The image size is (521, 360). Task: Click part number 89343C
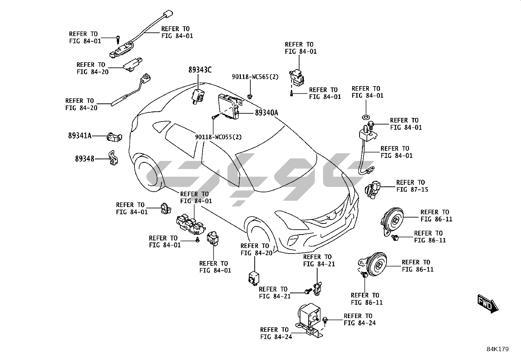(200, 70)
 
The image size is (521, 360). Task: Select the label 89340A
(266, 113)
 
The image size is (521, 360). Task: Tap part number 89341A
(80, 135)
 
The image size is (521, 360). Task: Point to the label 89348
(84, 159)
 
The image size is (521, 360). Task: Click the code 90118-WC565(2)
(255, 77)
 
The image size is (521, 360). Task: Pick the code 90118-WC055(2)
(218, 137)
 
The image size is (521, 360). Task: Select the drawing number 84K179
(497, 349)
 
